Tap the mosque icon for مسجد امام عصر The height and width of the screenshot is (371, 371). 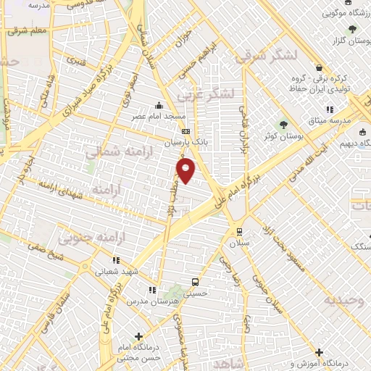tap(159, 106)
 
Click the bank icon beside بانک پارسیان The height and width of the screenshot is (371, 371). tap(186, 131)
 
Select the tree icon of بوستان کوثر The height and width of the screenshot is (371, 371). tap(283, 123)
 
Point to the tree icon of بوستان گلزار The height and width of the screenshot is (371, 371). tap(352, 29)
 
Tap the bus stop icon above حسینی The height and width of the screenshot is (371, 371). tap(194, 282)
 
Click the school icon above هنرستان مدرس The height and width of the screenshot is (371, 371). tap(151, 290)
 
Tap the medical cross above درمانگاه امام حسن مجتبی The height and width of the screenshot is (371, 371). tap(138, 337)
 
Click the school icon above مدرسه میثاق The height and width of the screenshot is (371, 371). tap(330, 109)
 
